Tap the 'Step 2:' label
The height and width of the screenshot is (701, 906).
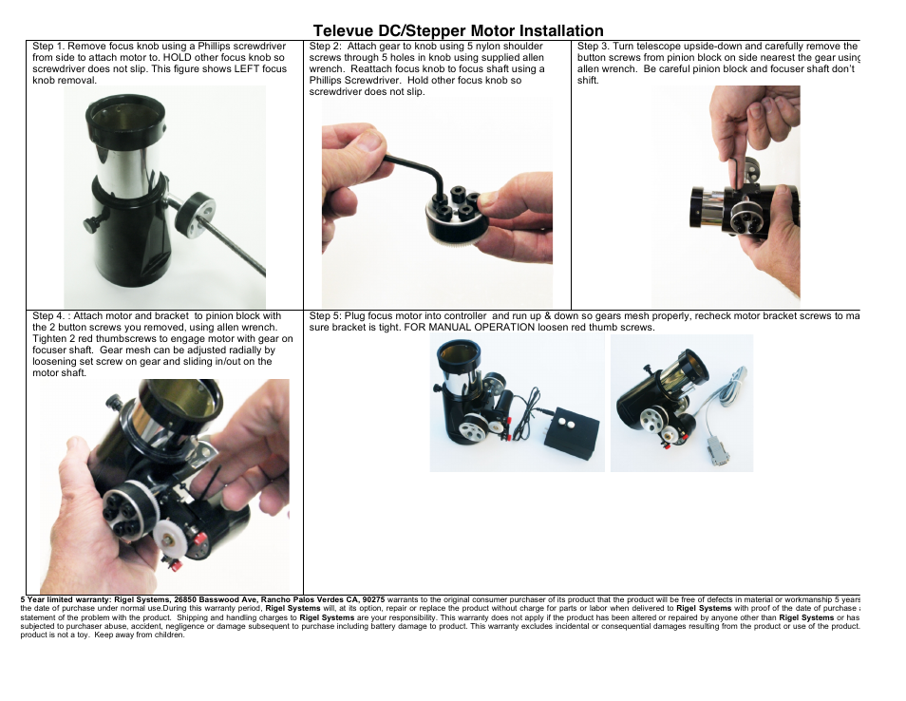click(326, 47)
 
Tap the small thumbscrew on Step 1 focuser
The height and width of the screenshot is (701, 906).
click(89, 224)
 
